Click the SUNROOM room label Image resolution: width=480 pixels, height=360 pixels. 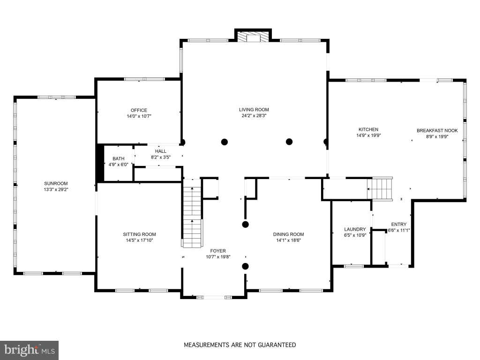(56, 183)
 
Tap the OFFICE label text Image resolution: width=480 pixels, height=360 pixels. (139, 110)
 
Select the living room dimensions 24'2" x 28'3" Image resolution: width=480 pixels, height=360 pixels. (254, 116)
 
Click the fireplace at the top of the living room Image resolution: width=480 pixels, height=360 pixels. (253, 36)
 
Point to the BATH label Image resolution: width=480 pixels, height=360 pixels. (119, 158)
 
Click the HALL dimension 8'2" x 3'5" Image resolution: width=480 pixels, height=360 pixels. (161, 157)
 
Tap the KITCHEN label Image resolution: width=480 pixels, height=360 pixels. (368, 129)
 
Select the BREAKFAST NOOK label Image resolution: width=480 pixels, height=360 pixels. (437, 131)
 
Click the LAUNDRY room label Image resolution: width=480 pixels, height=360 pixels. (355, 229)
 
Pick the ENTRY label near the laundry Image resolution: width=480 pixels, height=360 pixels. (399, 225)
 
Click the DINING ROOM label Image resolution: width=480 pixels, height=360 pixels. (289, 234)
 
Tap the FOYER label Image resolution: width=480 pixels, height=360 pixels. (218, 251)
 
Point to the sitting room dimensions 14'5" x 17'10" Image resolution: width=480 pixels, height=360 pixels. (140, 240)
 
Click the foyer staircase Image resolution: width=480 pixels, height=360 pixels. (192, 213)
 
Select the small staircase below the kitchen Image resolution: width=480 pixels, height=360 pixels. (380, 188)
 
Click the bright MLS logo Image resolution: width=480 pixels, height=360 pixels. (30, 350)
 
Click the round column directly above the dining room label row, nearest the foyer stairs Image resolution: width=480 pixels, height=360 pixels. (245, 225)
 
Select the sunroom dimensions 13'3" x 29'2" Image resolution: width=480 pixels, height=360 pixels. (56, 189)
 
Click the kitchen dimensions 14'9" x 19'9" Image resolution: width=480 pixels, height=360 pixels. (368, 135)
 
